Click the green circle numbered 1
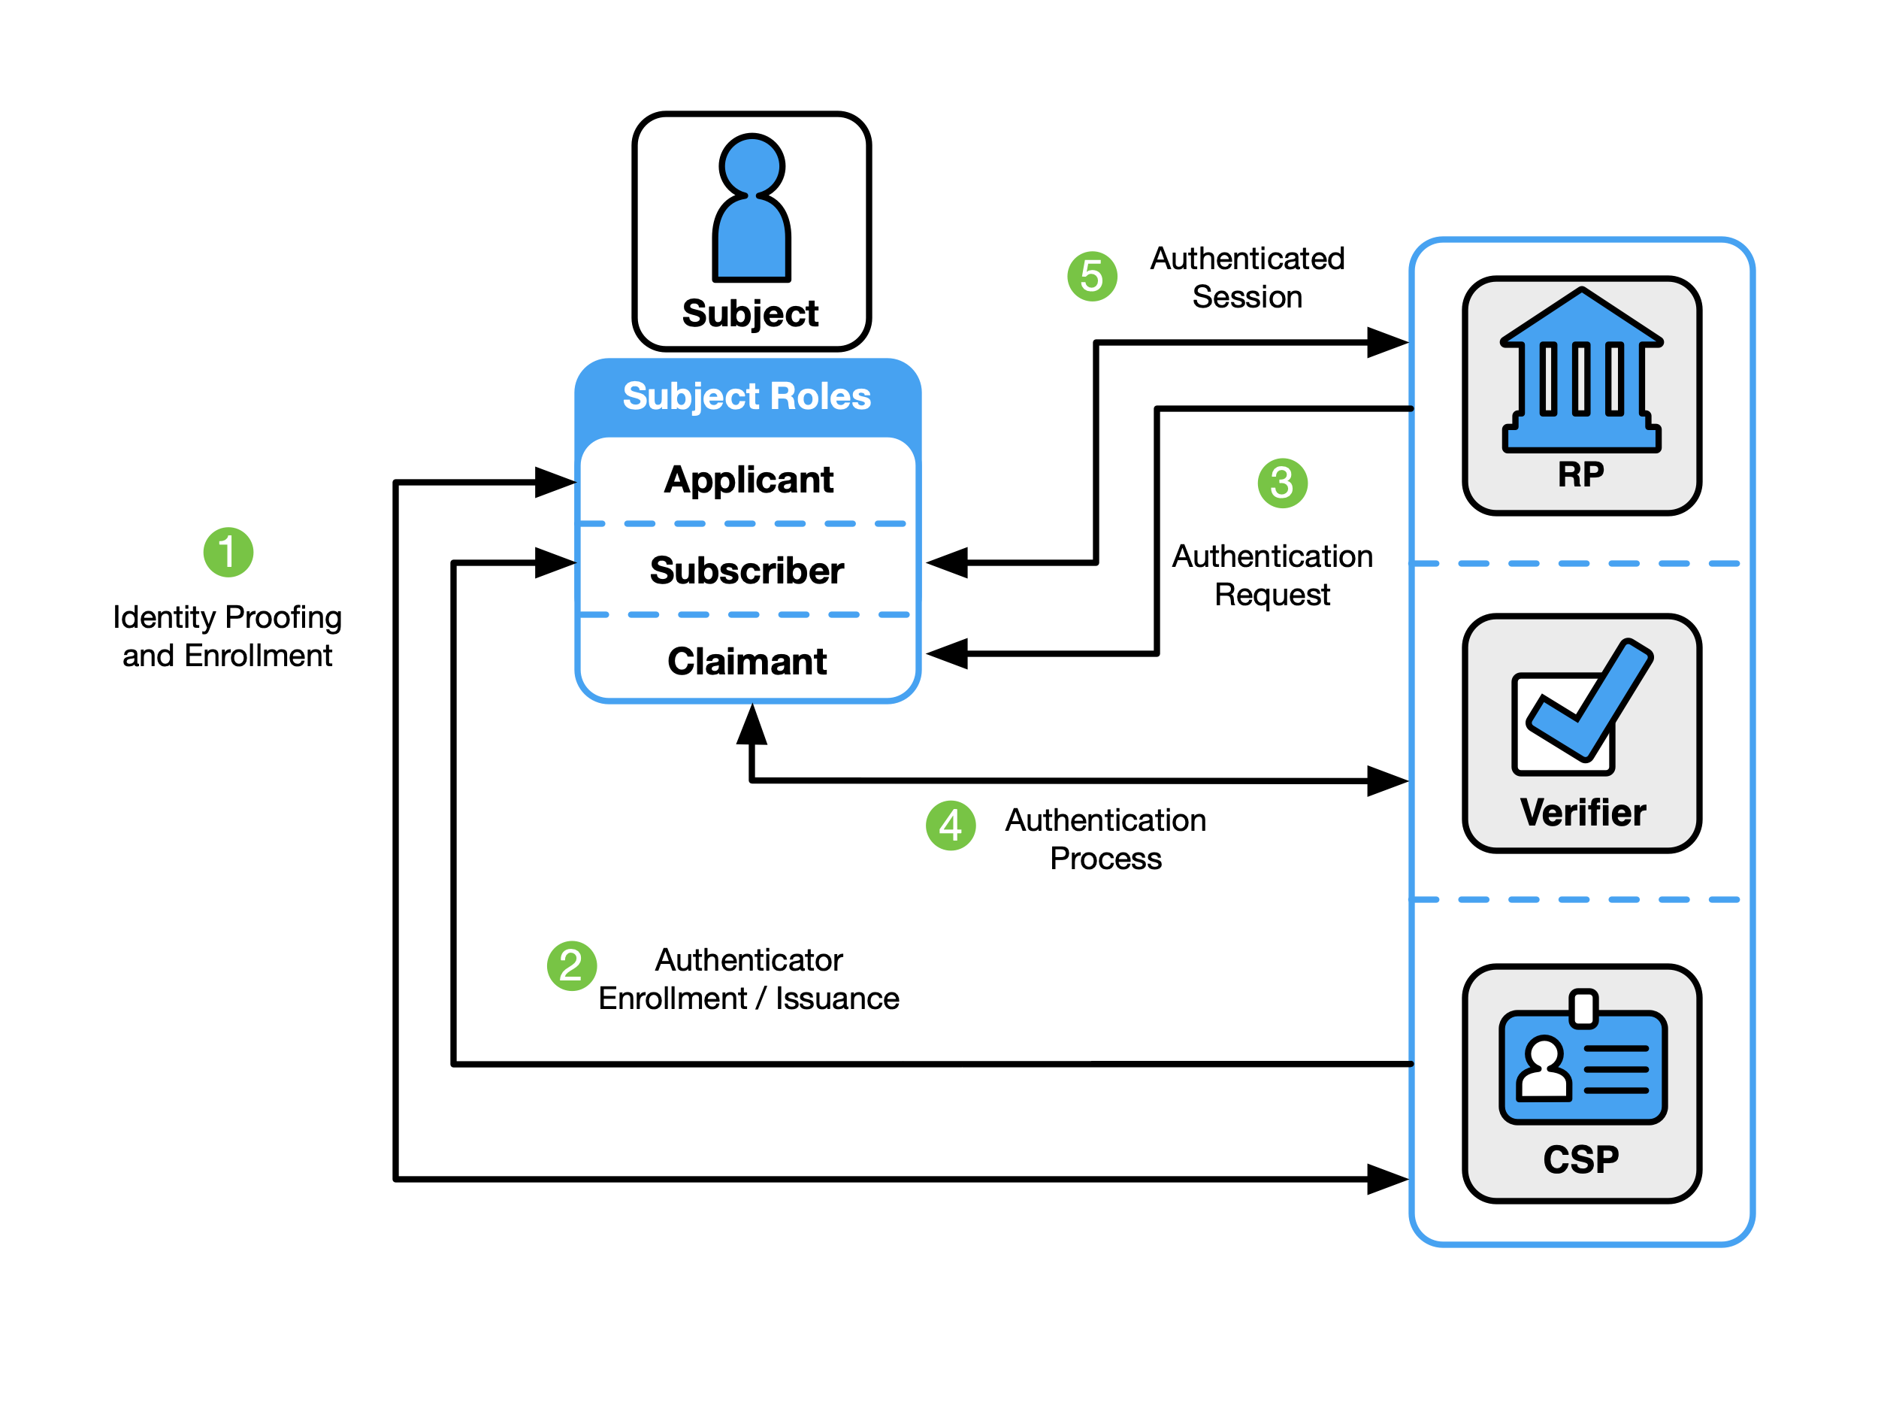pos(228,552)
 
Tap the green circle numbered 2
pos(571,965)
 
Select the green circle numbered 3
pos(1282,483)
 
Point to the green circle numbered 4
pos(950,826)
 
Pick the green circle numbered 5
pos(1092,276)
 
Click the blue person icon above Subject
pos(752,212)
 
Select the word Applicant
pos(748,480)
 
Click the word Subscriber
pos(746,571)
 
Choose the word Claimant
pos(746,662)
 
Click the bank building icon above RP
pos(1581,374)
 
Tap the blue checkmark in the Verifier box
pos(1589,701)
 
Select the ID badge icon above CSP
pos(1583,1062)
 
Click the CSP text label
pos(1581,1159)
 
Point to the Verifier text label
pos(1583,813)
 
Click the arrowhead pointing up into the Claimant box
pos(752,726)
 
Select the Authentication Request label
pos(1272,575)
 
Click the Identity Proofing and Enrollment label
pos(227,636)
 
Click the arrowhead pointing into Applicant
pos(556,483)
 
